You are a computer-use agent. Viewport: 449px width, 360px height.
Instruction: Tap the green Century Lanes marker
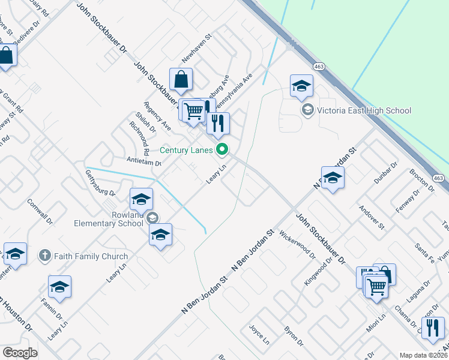coord(223,149)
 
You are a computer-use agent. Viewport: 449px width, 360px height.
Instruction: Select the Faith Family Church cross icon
coord(44,256)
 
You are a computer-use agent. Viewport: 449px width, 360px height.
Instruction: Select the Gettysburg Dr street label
coord(100,183)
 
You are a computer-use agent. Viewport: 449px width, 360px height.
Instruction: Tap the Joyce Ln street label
coord(259,334)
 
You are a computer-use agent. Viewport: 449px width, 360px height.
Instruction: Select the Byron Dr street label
coord(294,336)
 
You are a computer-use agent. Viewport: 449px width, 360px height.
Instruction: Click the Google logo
coord(20,353)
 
